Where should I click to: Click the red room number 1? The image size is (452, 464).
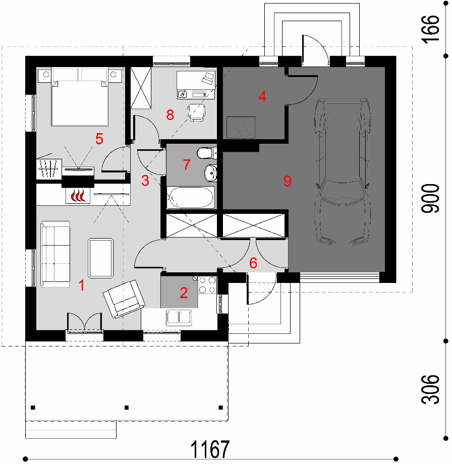(81, 285)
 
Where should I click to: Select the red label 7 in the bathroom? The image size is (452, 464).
(186, 164)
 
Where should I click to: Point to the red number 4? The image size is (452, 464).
(262, 96)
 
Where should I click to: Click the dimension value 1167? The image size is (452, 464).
(210, 448)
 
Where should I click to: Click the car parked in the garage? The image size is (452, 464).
(342, 171)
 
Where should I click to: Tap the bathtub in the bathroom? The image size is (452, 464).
(191, 197)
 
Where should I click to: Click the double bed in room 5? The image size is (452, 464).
(80, 97)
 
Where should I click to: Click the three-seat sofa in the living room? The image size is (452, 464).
(55, 255)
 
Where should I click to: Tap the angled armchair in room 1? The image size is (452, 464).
(124, 298)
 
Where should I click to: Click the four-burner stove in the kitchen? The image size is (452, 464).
(207, 284)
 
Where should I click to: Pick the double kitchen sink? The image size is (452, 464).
(180, 317)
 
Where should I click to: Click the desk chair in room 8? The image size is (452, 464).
(196, 111)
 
